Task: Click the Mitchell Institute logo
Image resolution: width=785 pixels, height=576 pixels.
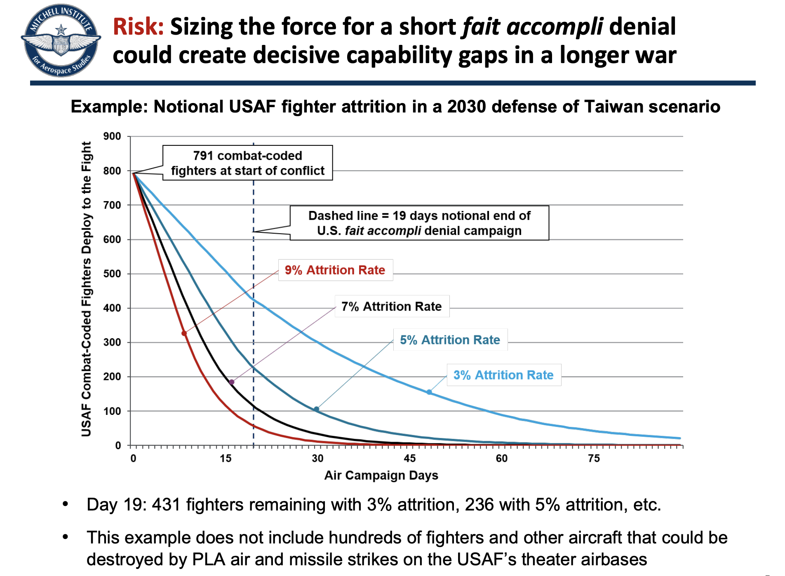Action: point(61,41)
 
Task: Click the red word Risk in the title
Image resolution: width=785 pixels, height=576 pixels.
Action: point(138,27)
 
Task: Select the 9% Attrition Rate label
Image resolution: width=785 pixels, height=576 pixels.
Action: point(335,270)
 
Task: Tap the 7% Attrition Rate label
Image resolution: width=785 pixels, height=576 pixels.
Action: point(392,307)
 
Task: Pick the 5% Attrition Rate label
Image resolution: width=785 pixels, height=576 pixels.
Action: point(450,340)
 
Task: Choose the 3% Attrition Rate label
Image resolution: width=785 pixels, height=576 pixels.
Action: point(503,375)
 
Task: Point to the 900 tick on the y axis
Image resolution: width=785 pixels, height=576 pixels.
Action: point(112,136)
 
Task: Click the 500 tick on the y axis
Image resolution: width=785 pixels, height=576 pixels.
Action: point(112,274)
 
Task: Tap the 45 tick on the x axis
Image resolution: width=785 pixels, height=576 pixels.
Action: point(409,459)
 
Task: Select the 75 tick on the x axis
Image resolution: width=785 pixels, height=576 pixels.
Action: point(594,459)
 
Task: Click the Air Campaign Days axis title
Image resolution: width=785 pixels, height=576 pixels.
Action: point(381,475)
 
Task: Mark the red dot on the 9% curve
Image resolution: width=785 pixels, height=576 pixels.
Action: point(184,333)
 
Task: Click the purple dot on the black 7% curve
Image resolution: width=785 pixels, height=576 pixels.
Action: point(232,382)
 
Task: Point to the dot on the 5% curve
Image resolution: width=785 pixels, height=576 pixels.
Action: point(316,409)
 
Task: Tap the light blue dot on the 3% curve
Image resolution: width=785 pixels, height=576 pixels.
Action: point(429,392)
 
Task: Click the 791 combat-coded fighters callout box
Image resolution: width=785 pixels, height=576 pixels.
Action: point(248,163)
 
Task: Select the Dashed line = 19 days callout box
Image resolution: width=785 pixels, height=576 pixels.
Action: point(419,223)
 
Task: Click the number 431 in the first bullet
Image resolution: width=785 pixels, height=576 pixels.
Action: point(166,505)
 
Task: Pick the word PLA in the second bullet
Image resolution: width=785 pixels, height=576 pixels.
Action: point(208,560)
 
